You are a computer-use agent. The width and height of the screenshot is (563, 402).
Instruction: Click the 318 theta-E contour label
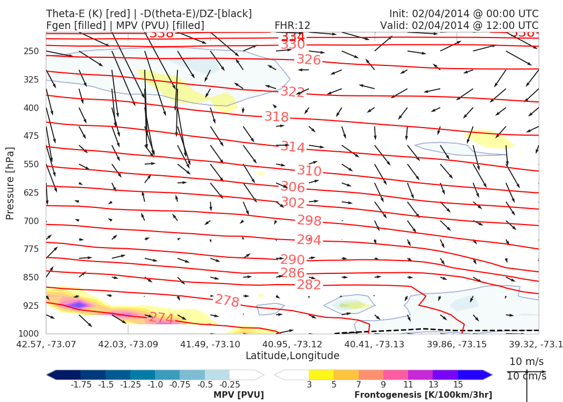[276, 117]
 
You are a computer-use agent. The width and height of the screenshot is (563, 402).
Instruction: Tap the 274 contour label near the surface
[161, 318]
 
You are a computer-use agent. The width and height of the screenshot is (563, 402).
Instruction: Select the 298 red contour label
[309, 221]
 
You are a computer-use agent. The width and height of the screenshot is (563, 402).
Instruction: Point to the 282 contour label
[309, 285]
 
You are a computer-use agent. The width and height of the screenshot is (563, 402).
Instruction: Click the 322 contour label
[292, 92]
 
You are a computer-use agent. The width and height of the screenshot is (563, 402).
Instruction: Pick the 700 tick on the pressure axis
[32, 221]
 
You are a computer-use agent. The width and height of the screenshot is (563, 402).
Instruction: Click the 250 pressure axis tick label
[32, 51]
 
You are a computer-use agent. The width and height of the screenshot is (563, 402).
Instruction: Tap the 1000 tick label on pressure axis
[29, 334]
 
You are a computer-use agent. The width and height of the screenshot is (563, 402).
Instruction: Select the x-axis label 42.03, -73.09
[128, 344]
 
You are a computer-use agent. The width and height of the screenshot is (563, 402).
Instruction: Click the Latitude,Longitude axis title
[292, 356]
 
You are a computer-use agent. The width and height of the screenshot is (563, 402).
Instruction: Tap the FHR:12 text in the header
[292, 25]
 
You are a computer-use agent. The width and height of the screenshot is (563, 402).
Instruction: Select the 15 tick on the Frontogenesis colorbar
[458, 385]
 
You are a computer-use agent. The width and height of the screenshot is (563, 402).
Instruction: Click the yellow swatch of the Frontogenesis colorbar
[321, 375]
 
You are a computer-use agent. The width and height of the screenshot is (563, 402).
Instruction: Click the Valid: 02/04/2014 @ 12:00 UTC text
[459, 25]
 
